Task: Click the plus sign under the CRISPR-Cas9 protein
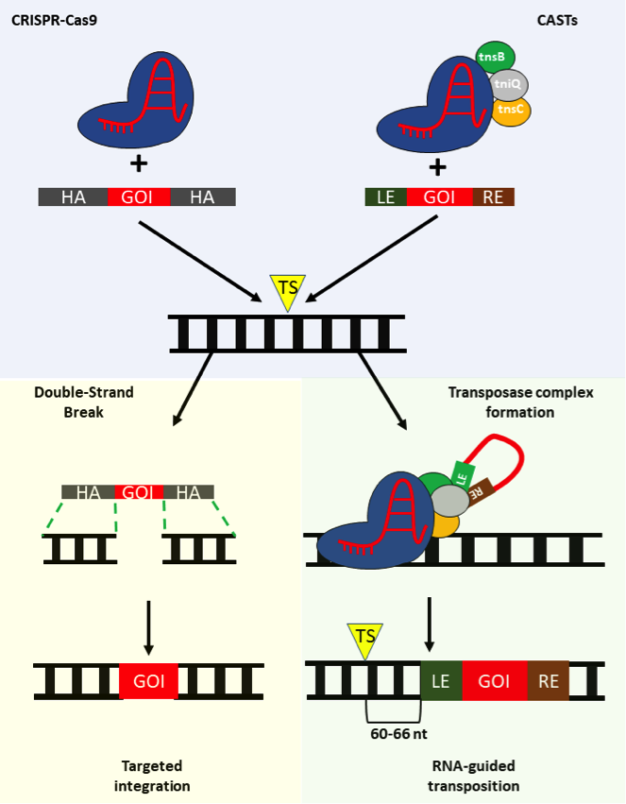click(139, 164)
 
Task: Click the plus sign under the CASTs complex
click(438, 167)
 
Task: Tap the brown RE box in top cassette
click(493, 197)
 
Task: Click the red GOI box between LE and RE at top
click(439, 197)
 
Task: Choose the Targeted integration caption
click(156, 775)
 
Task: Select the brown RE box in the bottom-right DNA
click(548, 679)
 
